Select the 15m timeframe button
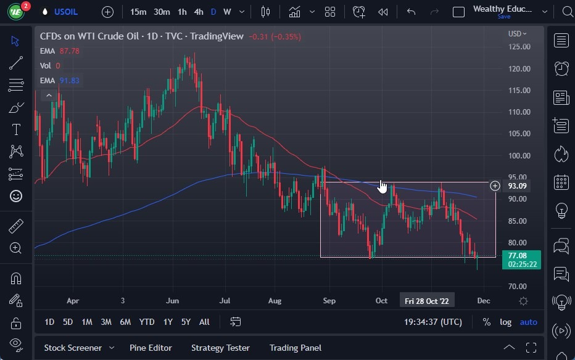[x=138, y=12]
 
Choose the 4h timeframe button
[x=199, y=12]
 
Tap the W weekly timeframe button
[x=227, y=12]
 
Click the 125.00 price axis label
[x=519, y=47]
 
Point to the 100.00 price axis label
[x=519, y=155]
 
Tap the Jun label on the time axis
[x=173, y=301]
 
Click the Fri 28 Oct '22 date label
[x=426, y=301]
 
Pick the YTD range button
[x=147, y=322]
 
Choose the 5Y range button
[x=186, y=322]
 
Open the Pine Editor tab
[x=151, y=348]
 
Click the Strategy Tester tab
[x=220, y=348]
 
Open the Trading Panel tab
[x=296, y=348]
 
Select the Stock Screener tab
[x=72, y=348]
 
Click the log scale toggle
[x=505, y=322]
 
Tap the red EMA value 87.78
[x=69, y=51]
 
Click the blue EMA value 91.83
[x=69, y=80]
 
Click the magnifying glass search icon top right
[x=568, y=12]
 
